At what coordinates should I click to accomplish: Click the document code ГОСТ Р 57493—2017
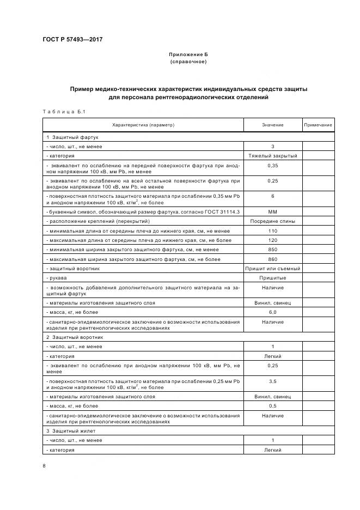click(72, 39)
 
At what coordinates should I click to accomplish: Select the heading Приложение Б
click(188, 54)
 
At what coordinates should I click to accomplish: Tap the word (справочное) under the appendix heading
click(188, 62)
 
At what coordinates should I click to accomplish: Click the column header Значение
click(272, 125)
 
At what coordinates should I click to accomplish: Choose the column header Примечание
click(318, 125)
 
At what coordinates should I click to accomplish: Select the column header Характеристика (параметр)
click(143, 125)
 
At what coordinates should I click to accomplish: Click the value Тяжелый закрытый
click(272, 155)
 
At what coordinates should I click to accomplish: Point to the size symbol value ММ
click(272, 211)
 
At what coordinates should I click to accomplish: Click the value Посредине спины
click(272, 221)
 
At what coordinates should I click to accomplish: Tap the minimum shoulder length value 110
click(272, 230)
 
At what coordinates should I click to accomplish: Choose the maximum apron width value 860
click(272, 259)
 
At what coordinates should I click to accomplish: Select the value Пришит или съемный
click(272, 269)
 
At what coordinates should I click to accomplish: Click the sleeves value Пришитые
click(272, 278)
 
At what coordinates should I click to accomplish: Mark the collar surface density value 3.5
click(272, 381)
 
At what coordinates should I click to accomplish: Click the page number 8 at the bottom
click(44, 465)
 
